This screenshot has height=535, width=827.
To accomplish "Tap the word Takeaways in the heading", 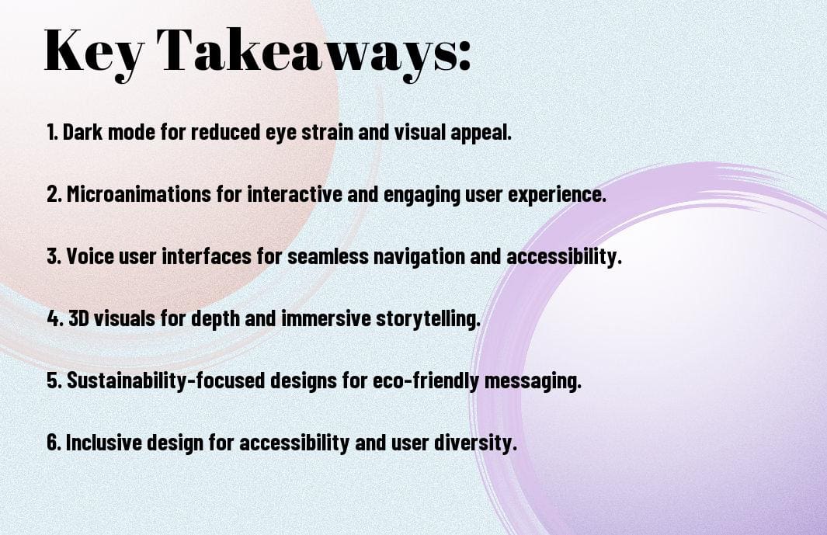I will click(x=307, y=51).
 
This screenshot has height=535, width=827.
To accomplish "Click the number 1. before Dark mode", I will click(x=53, y=132).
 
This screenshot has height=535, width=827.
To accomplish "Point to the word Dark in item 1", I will click(x=82, y=132).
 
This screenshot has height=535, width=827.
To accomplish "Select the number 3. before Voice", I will click(x=54, y=257).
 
